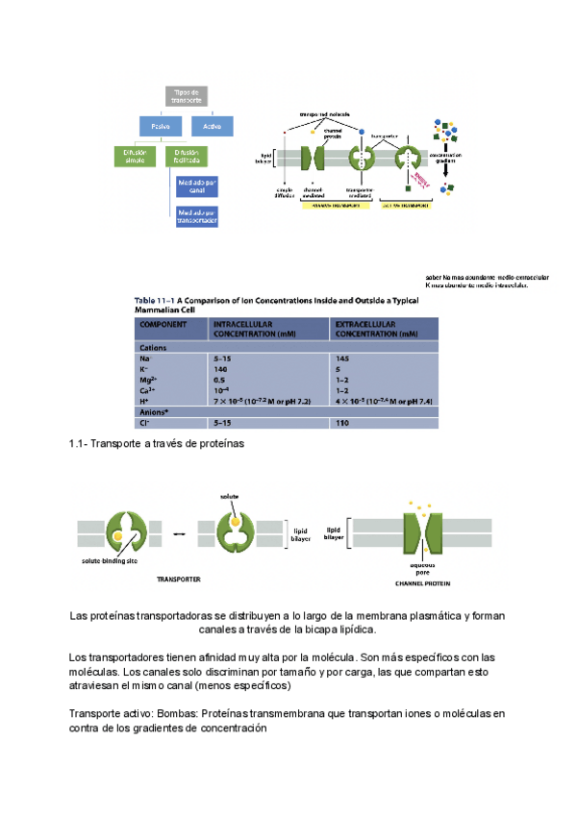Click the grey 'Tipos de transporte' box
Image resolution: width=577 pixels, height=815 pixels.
point(188,96)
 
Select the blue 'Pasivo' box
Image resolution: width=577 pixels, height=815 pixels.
point(160,126)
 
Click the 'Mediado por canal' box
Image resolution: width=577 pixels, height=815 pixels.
point(197,185)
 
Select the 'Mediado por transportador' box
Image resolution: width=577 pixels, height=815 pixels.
point(197,217)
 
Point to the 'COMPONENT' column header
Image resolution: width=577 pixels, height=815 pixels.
point(163,328)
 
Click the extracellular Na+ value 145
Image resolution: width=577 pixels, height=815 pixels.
point(343,358)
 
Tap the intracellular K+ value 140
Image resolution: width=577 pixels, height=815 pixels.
point(221,369)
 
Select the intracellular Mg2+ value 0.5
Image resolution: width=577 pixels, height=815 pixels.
point(220,380)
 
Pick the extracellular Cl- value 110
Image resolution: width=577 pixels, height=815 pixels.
point(343,422)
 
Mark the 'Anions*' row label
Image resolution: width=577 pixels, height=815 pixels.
point(156,411)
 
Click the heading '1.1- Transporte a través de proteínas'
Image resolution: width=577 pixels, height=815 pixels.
point(158,444)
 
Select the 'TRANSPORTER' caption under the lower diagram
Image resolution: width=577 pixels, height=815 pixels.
point(178,580)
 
